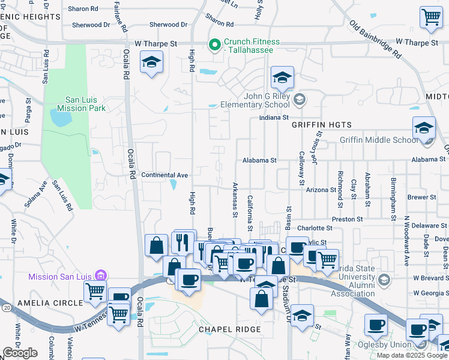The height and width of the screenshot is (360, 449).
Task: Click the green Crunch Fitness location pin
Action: point(213,45)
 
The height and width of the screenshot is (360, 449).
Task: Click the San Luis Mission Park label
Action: point(77,104)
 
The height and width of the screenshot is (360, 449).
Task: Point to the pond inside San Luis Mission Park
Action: point(62,119)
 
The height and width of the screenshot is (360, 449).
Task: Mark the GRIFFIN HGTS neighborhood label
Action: point(321,125)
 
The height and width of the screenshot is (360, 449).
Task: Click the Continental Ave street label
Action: point(164,175)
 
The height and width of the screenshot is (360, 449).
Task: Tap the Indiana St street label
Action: point(274,118)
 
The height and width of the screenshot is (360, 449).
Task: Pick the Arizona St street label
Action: point(321,190)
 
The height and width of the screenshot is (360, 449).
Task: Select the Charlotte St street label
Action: point(315,228)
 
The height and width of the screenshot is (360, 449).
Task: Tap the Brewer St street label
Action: point(421,197)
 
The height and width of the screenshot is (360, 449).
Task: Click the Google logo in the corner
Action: point(20,353)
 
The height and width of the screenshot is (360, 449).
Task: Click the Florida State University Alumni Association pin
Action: point(384,279)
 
